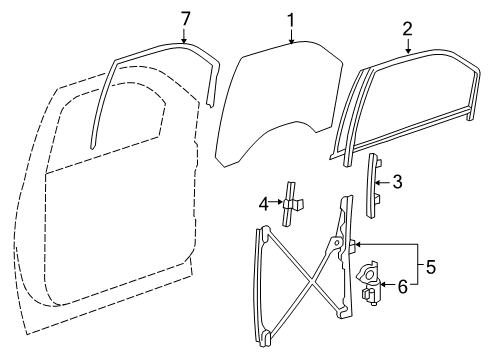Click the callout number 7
185,19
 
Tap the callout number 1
291,21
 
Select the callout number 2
407,29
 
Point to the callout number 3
397,182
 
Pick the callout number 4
264,204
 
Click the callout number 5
431,267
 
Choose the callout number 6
403,287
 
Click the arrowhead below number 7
184,41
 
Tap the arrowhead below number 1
292,41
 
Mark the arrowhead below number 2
408,51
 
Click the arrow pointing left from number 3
383,183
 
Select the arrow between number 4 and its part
276,202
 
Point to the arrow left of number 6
387,284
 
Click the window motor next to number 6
370,283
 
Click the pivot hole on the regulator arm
336,242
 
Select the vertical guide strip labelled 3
373,186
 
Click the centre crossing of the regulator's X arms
311,282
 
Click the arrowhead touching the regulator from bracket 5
357,244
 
